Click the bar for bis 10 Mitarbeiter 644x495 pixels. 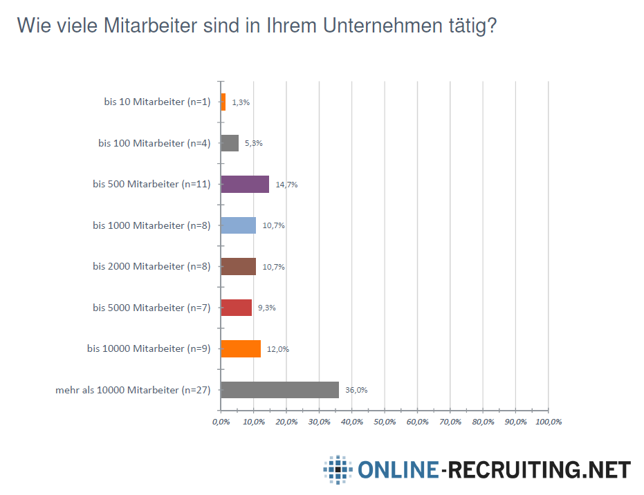click(223, 102)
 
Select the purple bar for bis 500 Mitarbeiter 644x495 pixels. click(245, 184)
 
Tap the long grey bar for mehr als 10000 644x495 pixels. click(279, 389)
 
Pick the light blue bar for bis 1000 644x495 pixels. click(238, 225)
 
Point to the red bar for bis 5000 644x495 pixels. click(236, 308)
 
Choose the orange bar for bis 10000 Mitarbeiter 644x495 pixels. click(241, 348)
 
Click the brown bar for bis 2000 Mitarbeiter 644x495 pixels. click(238, 266)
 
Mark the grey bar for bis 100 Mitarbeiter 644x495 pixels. click(230, 143)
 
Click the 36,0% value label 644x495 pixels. click(356, 390)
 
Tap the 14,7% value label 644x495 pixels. click(286, 185)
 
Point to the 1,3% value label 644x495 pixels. click(241, 102)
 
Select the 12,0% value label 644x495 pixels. click(278, 349)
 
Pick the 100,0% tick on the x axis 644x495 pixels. click(548, 422)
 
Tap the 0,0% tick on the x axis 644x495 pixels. click(221, 422)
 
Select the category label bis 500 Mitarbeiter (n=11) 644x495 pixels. click(151, 185)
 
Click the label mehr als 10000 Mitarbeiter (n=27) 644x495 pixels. click(132, 390)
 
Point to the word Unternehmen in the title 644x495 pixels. click(378, 26)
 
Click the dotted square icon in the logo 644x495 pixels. click(338, 470)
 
